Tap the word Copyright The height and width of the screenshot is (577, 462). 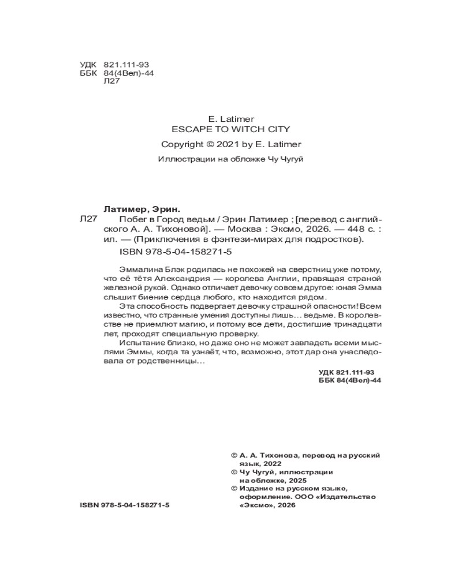tap(182, 144)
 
